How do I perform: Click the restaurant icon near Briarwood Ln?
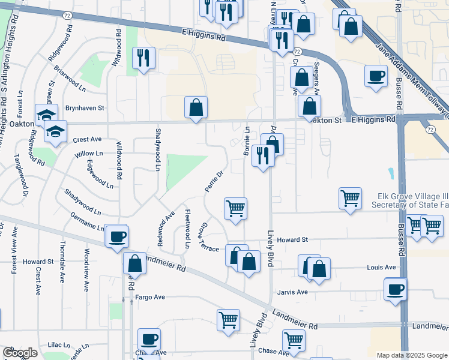(143, 58)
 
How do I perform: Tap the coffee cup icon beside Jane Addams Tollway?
(376, 76)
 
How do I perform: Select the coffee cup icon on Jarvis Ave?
(396, 289)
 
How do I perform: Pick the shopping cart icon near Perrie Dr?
(235, 209)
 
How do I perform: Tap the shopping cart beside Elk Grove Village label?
(351, 197)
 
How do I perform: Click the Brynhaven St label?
(85, 108)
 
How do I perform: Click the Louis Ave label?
(382, 267)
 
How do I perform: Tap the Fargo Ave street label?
(149, 297)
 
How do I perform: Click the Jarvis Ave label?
(293, 292)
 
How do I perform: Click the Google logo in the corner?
(20, 353)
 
